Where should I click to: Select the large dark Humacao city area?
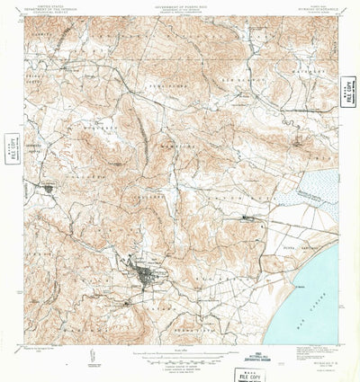click(144, 273)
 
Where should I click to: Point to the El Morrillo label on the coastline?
click(291, 286)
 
